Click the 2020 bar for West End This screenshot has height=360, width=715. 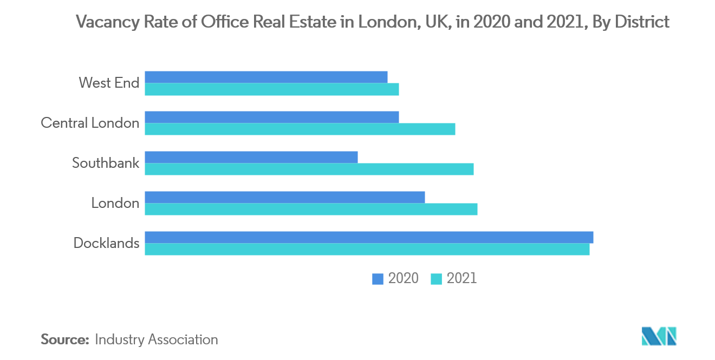tap(266, 77)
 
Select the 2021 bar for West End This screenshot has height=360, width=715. tap(271, 89)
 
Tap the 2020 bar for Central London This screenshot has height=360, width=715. tap(271, 117)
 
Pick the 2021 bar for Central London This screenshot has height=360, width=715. tap(300, 129)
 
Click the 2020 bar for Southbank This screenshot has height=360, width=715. tap(251, 157)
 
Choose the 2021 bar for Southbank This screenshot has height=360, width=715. tap(309, 169)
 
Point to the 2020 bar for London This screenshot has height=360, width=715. tap(284, 197)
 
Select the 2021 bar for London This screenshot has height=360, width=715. tap(311, 209)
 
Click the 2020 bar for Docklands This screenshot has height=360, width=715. tap(369, 237)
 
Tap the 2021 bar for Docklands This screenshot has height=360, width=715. tap(367, 249)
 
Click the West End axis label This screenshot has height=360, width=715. tap(109, 83)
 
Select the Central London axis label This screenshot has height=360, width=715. tap(90, 123)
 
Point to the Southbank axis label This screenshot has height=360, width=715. tap(106, 163)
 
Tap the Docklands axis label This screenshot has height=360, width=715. tap(106, 243)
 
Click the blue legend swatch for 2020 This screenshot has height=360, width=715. tap(377, 279)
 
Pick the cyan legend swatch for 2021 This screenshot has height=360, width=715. tap(436, 279)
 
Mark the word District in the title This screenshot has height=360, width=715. tap(639, 22)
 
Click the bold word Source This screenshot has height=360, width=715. tap(65, 339)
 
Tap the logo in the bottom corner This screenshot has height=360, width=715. tap(659, 336)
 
